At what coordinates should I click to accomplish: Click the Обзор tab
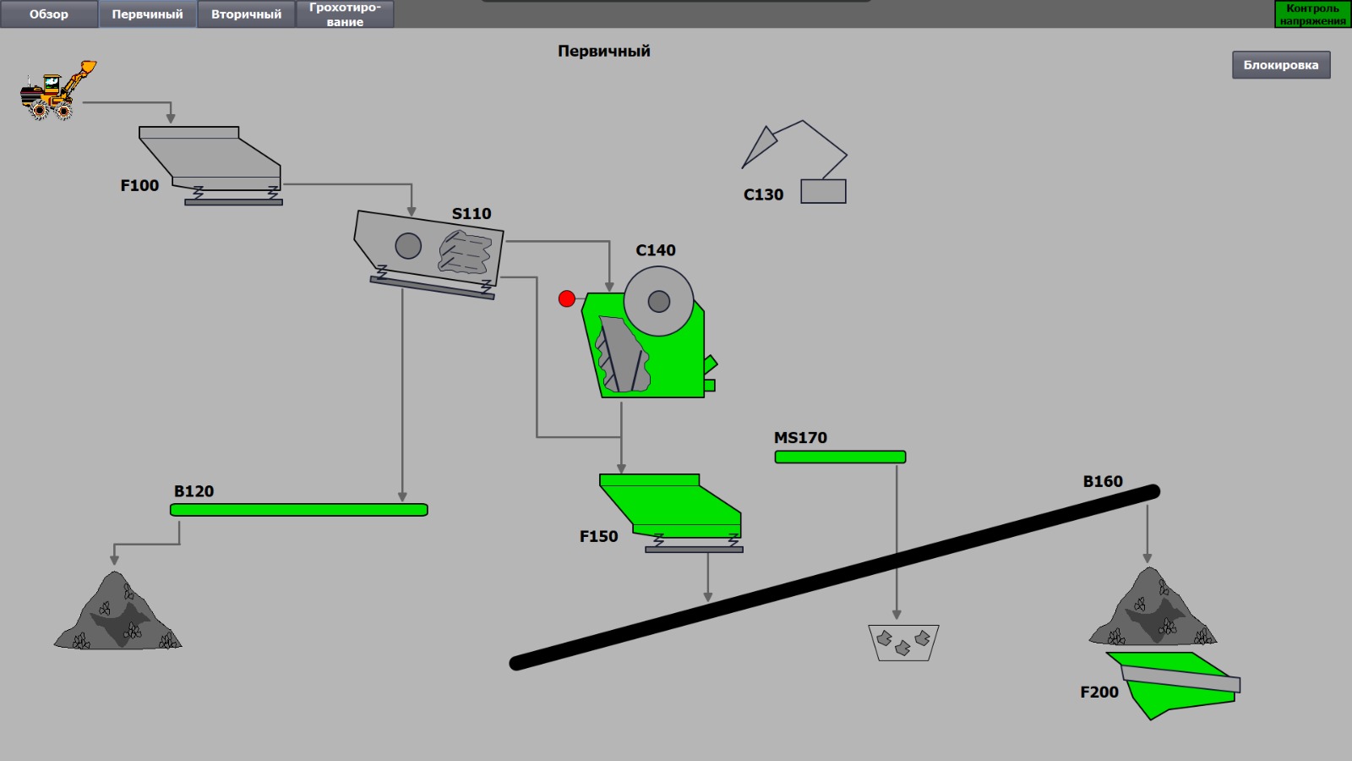(49, 14)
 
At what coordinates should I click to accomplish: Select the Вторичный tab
(246, 14)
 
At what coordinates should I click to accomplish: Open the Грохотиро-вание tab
(345, 14)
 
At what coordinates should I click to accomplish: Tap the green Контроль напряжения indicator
(1312, 14)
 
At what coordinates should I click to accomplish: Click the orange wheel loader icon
(57, 90)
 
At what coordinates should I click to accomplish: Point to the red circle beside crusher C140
(566, 298)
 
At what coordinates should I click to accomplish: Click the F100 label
(139, 185)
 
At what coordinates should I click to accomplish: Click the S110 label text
(472, 214)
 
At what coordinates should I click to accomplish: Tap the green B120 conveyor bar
(299, 510)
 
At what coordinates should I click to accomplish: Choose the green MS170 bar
(840, 457)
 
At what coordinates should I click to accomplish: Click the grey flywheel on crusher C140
(658, 301)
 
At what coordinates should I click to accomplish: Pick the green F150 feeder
(671, 512)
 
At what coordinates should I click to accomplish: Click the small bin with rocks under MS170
(903, 643)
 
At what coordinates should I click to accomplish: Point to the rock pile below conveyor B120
(117, 610)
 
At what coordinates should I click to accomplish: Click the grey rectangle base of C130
(823, 191)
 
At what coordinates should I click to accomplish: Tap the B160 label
(1103, 481)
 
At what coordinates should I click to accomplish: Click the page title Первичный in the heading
(603, 51)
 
